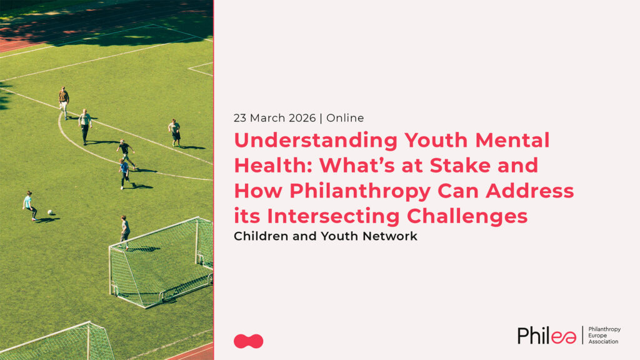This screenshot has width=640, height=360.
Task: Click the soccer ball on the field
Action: click(x=50, y=212)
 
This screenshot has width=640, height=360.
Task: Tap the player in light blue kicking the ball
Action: click(x=29, y=206)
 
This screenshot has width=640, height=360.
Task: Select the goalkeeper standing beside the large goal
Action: click(x=125, y=232)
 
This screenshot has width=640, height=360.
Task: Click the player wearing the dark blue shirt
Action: click(x=124, y=174)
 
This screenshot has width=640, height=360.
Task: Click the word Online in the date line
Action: click(x=345, y=118)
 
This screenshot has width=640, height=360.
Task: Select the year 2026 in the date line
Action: click(x=302, y=118)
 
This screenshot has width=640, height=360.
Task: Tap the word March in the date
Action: click(x=267, y=118)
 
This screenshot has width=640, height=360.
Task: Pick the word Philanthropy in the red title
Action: click(x=360, y=192)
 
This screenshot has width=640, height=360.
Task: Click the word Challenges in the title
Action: click(x=467, y=217)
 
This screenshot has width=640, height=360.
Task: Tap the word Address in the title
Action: click(x=530, y=191)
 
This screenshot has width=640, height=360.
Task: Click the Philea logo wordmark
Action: click(x=547, y=335)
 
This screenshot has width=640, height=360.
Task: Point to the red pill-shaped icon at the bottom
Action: click(x=248, y=341)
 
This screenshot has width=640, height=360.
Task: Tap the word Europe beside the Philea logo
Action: click(x=597, y=336)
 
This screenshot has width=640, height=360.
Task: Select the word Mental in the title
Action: click(x=512, y=140)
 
